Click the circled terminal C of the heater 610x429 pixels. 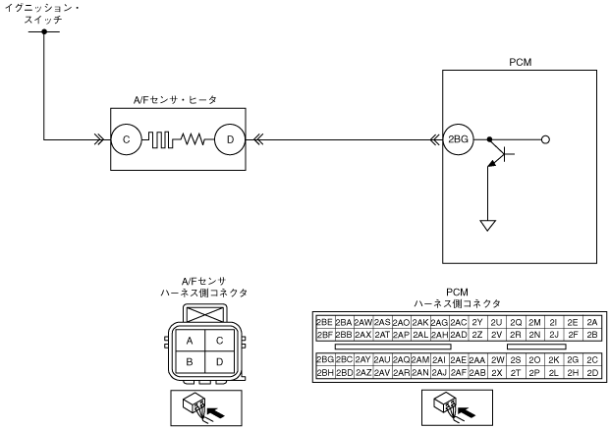coord(127,139)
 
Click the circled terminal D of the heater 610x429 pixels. coord(229,139)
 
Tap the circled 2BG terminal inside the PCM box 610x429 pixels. coord(457,139)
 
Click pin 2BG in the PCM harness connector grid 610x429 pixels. coord(324,360)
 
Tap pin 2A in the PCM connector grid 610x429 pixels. coord(591,322)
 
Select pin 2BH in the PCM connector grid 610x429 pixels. coord(324,373)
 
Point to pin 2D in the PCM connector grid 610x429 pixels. coord(591,373)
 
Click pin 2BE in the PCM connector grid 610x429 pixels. coord(324,322)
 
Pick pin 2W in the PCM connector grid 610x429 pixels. coord(497,360)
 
